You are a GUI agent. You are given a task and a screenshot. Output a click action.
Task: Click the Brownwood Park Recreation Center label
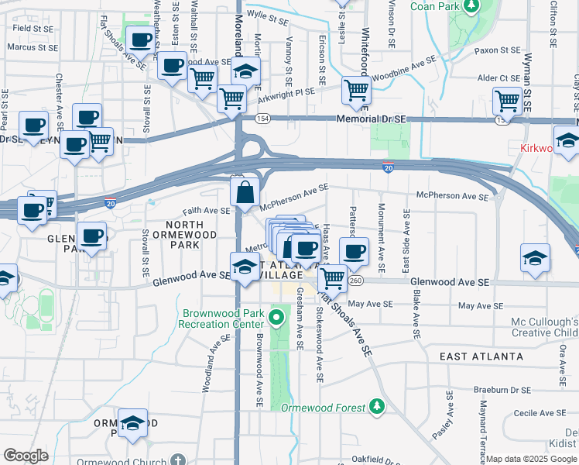click(x=218, y=319)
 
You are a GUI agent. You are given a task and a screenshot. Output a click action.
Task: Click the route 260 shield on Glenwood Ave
click(x=355, y=280)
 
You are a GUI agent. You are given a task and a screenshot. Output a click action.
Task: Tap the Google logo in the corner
click(x=26, y=456)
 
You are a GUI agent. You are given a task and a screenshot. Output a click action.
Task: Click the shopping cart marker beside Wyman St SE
click(x=507, y=101)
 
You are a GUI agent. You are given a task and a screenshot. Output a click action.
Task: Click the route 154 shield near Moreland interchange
click(x=264, y=118)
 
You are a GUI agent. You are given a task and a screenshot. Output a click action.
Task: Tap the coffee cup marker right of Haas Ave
click(x=354, y=251)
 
